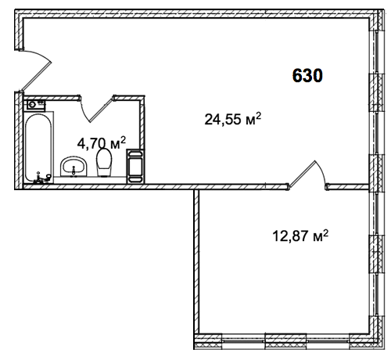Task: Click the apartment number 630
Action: click(307, 76)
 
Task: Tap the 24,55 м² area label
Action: click(232, 119)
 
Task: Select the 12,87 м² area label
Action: click(300, 236)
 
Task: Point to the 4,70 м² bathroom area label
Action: click(102, 143)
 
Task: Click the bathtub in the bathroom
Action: click(38, 147)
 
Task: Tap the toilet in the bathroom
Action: click(104, 162)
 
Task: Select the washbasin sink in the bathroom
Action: click(74, 167)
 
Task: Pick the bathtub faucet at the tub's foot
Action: click(41, 178)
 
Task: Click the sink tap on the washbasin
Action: click(74, 171)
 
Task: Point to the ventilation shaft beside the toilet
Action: click(135, 166)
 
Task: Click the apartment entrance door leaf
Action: click(36, 76)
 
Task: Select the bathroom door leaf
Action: click(102, 110)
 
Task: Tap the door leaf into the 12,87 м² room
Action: click(302, 174)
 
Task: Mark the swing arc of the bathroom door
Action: click(84, 111)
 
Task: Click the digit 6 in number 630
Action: click(297, 76)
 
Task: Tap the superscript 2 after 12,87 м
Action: click(325, 232)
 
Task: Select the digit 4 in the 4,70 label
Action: click(81, 143)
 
